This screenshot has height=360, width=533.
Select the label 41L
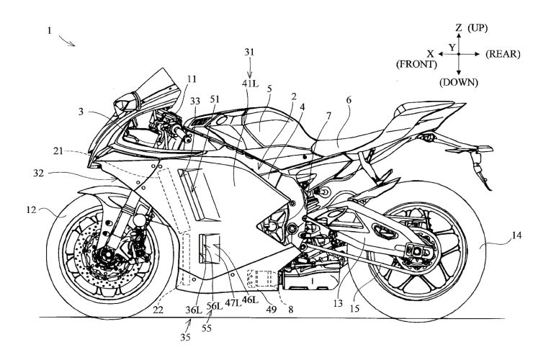(250, 84)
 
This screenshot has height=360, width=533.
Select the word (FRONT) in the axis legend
(418, 64)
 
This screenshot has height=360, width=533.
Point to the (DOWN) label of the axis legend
(458, 83)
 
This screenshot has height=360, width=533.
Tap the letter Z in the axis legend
(458, 27)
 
